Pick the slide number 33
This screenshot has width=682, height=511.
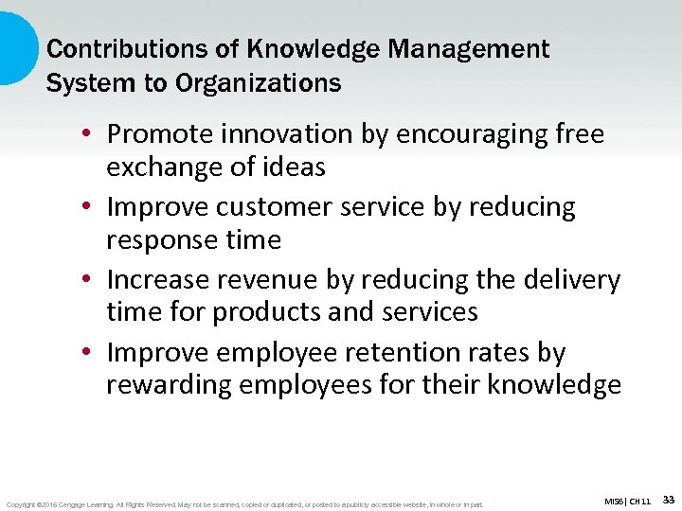(668, 499)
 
